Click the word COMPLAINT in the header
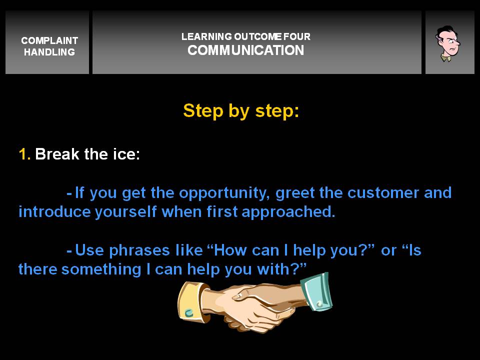[x=49, y=40]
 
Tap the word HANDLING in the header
[x=49, y=52]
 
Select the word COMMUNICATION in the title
[x=246, y=50]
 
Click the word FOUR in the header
[x=297, y=36]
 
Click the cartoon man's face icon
[x=448, y=43]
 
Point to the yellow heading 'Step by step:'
[x=241, y=111]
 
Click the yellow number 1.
[x=24, y=154]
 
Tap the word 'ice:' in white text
[x=126, y=154]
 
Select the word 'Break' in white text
[x=57, y=154]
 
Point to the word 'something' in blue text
[x=101, y=270]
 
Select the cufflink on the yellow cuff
[x=189, y=313]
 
